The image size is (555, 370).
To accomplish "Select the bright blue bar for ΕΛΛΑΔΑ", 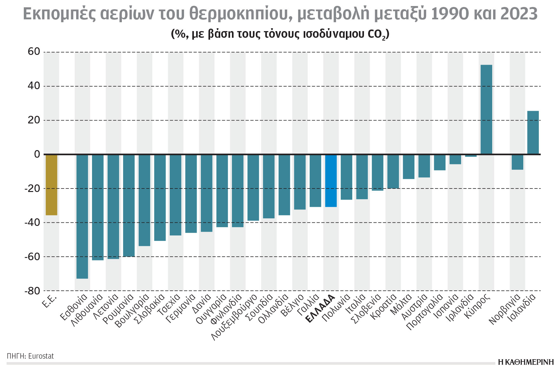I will click(331, 181).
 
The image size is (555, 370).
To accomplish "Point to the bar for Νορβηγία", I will click(517, 162).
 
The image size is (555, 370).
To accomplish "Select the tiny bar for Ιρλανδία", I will click(471, 156).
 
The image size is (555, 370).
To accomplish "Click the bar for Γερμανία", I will click(191, 194).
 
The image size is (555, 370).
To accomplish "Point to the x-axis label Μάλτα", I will click(401, 304).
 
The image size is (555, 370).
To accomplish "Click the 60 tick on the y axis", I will click(34, 52).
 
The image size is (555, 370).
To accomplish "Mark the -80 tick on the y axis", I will click(32, 291).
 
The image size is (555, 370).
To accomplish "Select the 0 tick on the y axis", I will click(37, 154).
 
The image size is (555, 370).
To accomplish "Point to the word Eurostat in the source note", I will click(41, 356).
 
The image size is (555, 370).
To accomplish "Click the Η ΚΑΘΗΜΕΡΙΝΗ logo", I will click(525, 362).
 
